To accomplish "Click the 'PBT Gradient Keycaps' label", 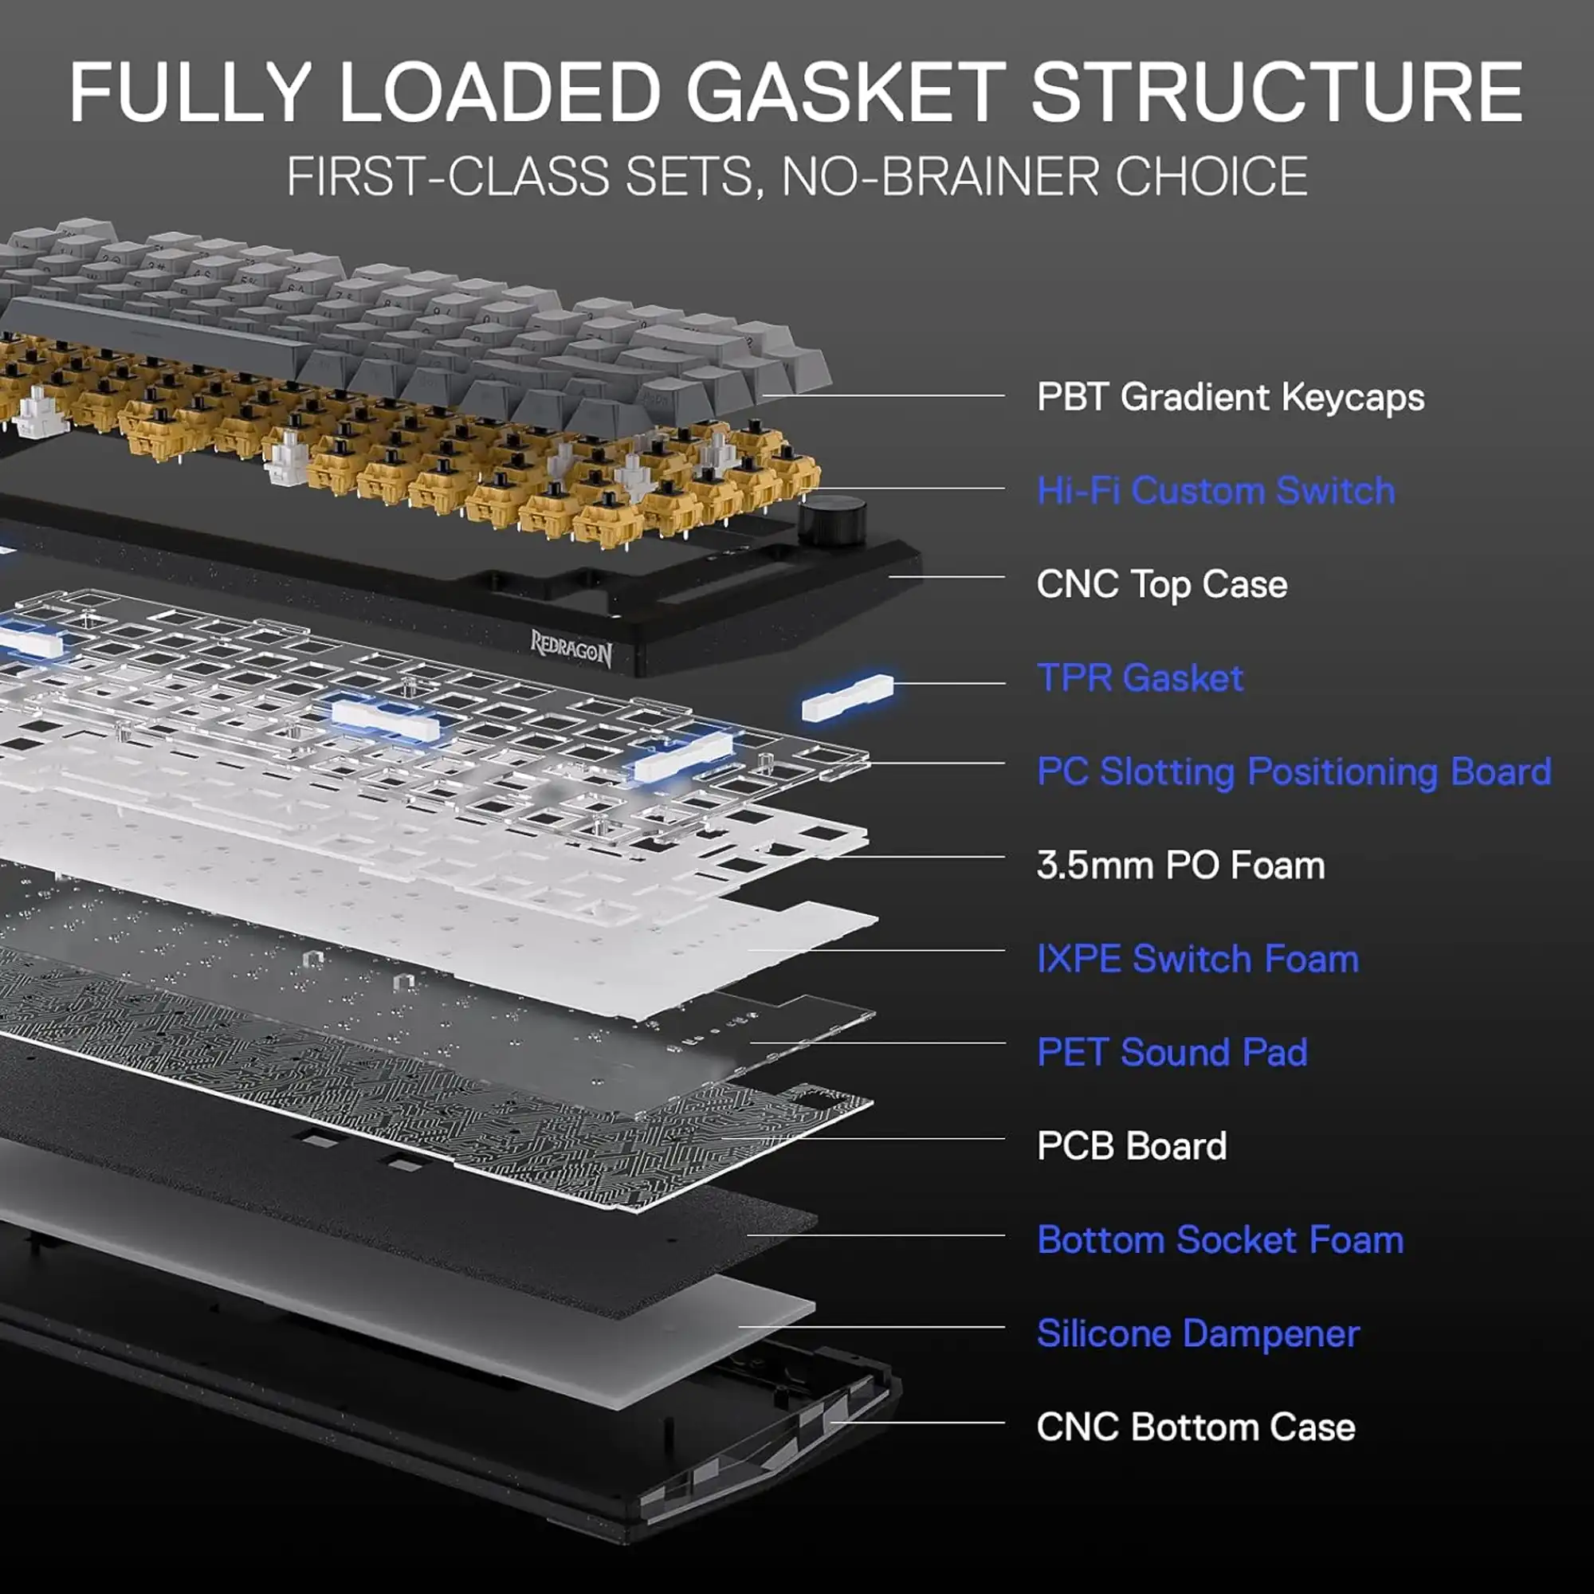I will click(1230, 397).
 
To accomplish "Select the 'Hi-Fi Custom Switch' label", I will click(1216, 491).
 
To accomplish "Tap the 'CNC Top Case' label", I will click(1162, 584).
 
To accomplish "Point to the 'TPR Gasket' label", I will click(1140, 678).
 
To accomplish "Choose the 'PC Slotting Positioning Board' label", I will click(1294, 772).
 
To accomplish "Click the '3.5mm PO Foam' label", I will click(1180, 866).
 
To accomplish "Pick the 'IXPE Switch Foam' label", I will click(1197, 959).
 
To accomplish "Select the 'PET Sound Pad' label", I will click(1172, 1053).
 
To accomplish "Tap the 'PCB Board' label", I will click(1131, 1146).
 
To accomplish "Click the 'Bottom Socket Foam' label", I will click(1220, 1240).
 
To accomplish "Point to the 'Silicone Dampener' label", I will click(1198, 1334).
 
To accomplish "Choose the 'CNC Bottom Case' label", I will click(1195, 1427).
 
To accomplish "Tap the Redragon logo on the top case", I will click(571, 649).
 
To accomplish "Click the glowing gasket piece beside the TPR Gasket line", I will click(847, 697).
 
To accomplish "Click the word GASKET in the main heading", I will click(845, 92).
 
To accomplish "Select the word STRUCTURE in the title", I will click(1276, 92).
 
